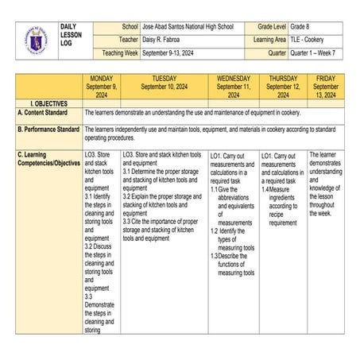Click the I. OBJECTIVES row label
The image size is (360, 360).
[x=44, y=103]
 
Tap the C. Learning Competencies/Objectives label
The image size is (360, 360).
[x=49, y=159]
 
